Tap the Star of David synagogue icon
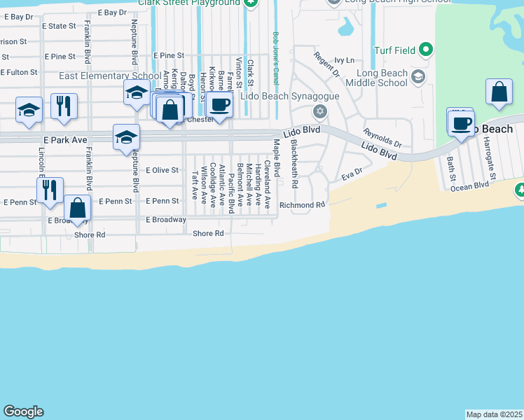click(320, 111)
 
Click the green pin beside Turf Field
click(425, 50)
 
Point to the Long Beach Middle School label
click(382, 78)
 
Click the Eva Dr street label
click(352, 174)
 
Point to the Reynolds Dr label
click(382, 138)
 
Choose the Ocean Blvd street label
click(469, 186)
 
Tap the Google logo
click(23, 412)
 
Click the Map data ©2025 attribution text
click(494, 414)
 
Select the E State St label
click(59, 26)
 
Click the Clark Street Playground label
click(188, 3)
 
